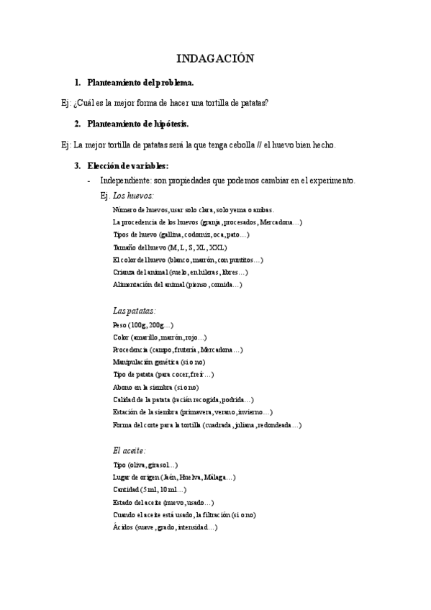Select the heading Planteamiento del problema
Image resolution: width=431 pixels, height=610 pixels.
click(140, 83)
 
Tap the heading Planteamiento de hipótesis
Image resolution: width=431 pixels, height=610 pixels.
click(138, 124)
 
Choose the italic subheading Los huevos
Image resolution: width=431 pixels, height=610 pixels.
click(133, 195)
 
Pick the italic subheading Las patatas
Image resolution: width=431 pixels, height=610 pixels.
click(134, 311)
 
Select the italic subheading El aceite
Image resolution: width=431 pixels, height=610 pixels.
click(129, 450)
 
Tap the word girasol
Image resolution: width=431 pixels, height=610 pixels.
click(160, 465)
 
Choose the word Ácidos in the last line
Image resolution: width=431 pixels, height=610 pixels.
click(123, 527)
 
